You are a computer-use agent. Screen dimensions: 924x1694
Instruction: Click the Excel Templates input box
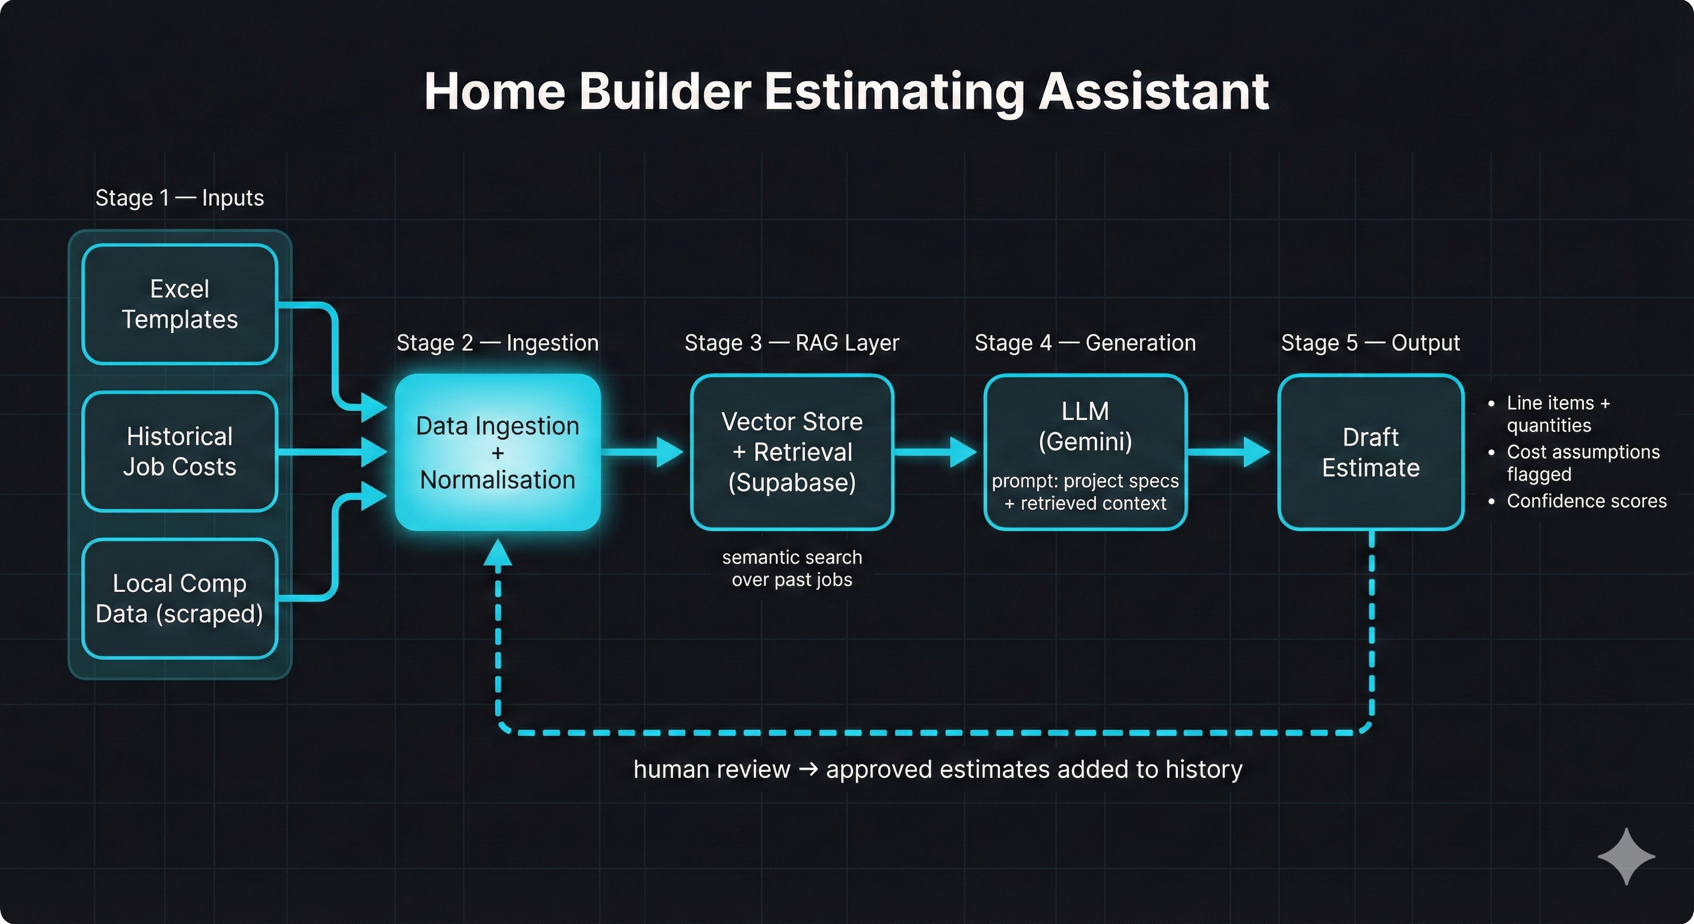point(179,304)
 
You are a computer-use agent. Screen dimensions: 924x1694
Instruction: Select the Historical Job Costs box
point(179,451)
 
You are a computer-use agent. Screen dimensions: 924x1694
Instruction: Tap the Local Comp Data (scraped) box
point(179,599)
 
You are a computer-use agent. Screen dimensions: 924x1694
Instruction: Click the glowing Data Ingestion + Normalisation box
point(498,452)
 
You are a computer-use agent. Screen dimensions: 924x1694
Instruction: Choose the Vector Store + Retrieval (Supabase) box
point(792,452)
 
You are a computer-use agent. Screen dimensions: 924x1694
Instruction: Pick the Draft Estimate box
point(1370,452)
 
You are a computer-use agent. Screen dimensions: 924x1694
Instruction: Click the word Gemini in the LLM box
point(1085,442)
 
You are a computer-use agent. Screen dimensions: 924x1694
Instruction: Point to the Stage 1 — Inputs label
point(179,198)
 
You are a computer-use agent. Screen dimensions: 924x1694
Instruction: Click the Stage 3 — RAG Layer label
point(792,343)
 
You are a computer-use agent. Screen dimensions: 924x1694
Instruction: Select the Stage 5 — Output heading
point(1370,343)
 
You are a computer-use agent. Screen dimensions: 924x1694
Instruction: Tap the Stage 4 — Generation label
point(1085,343)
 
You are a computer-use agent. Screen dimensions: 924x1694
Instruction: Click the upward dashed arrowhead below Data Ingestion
point(498,553)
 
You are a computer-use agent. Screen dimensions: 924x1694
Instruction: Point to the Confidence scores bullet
point(1586,501)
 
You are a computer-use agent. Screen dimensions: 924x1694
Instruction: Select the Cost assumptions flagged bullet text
point(1582,463)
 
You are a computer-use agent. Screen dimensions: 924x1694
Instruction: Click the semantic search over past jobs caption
point(792,568)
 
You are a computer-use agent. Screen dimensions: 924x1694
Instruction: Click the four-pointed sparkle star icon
point(1626,856)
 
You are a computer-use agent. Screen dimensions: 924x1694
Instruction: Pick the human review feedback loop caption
point(938,769)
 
